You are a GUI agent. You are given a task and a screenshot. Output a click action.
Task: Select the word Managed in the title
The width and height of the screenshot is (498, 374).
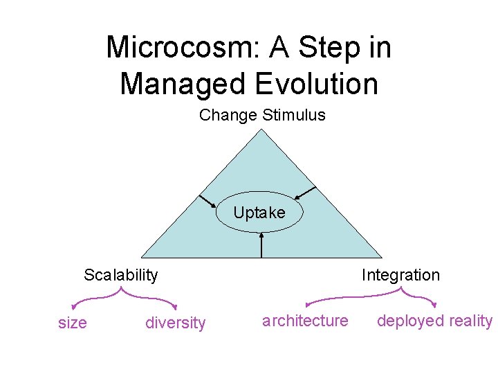click(x=182, y=84)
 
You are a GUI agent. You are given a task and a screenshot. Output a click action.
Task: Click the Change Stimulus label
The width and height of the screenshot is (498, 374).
click(x=262, y=115)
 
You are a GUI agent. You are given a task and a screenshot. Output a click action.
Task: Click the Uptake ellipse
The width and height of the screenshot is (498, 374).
click(x=259, y=213)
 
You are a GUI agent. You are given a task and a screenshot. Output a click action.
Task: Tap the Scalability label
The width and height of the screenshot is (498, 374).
click(x=121, y=275)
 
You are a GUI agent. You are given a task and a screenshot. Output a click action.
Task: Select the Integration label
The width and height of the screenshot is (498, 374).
click(x=400, y=275)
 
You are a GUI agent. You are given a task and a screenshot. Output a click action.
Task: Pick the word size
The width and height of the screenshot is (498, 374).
click(x=73, y=323)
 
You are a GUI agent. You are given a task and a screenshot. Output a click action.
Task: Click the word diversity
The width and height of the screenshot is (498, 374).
click(x=176, y=323)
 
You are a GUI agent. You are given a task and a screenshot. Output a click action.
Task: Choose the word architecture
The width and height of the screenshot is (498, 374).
click(x=305, y=320)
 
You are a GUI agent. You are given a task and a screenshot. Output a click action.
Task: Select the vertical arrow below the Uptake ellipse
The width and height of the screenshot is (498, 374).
click(x=261, y=246)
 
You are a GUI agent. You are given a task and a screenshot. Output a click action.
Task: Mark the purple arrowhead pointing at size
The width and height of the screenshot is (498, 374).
click(x=74, y=308)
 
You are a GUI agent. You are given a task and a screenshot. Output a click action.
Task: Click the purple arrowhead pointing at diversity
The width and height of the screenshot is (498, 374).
click(x=175, y=307)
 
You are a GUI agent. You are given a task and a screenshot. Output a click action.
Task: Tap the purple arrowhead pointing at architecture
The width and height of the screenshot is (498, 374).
click(x=308, y=305)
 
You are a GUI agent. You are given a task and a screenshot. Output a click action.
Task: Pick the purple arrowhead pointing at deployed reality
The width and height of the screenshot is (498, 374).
click(x=434, y=305)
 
